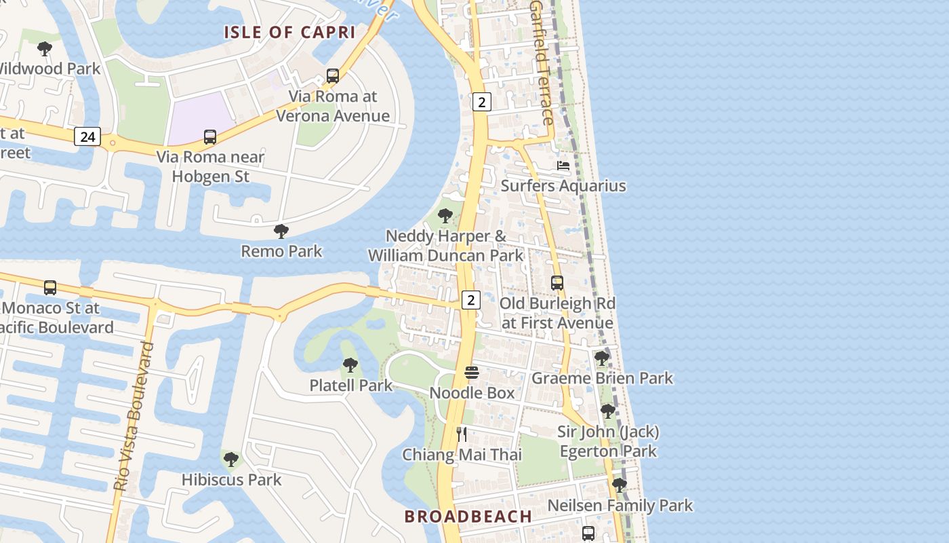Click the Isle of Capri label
tap(289, 32)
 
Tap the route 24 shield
tap(87, 136)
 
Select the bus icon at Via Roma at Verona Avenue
tap(332, 76)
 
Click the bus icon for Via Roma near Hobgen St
tap(210, 137)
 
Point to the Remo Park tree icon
tap(281, 231)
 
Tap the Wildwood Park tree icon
tap(45, 49)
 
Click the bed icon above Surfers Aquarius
tap(563, 166)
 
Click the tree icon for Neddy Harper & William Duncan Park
tap(445, 216)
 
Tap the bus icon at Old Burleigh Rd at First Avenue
tap(557, 283)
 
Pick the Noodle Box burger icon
tap(472, 373)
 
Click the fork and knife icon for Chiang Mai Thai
tap(462, 434)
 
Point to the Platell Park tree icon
tap(350, 365)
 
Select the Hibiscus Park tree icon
tap(231, 460)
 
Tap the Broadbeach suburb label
tap(468, 517)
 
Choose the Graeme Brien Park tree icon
tap(602, 358)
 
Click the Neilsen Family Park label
tap(620, 506)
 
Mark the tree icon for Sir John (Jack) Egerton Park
tap(608, 411)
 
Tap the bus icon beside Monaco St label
tap(50, 288)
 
